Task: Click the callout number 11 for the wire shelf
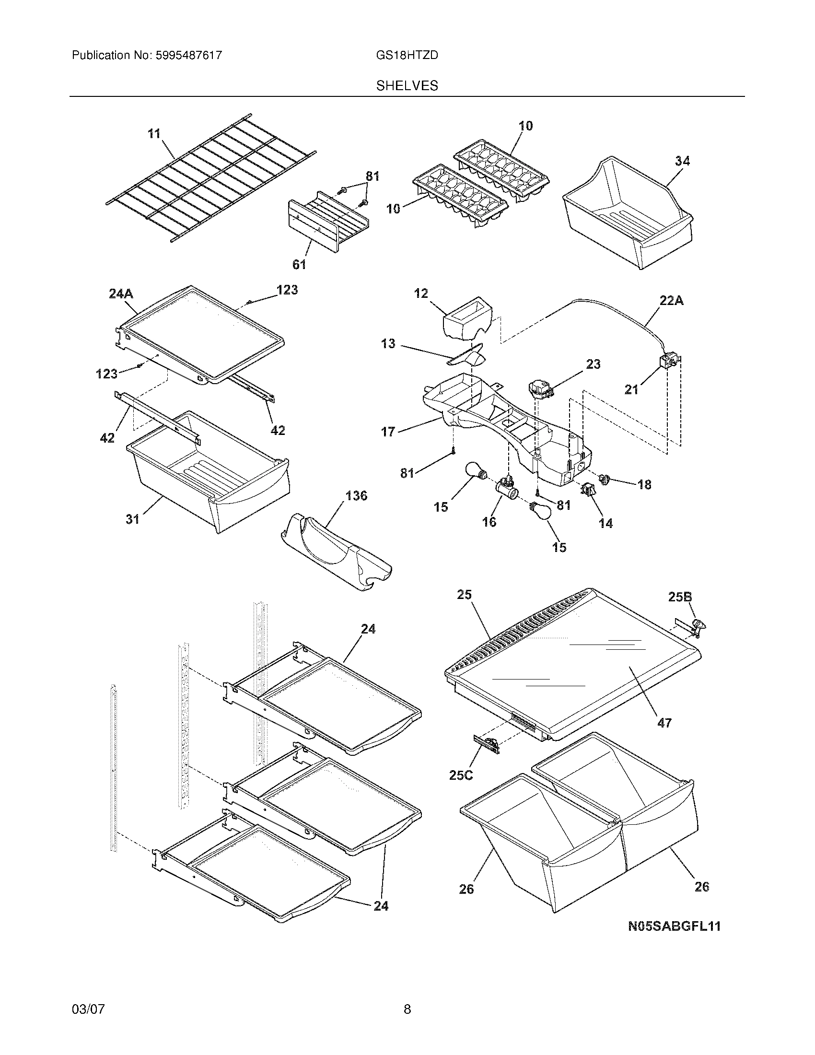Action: pyautogui.click(x=154, y=133)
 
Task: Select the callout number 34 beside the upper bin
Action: pyautogui.click(x=682, y=161)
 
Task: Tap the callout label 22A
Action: pyautogui.click(x=671, y=301)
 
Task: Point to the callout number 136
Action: pyautogui.click(x=356, y=496)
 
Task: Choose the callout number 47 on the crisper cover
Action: pyautogui.click(x=664, y=736)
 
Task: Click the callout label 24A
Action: pyautogui.click(x=121, y=293)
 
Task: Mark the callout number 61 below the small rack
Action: pyautogui.click(x=299, y=264)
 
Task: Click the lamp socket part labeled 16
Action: pyautogui.click(x=507, y=489)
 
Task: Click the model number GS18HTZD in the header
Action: pyautogui.click(x=407, y=55)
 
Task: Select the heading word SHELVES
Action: pyautogui.click(x=407, y=86)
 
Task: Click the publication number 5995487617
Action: pyautogui.click(x=189, y=55)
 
